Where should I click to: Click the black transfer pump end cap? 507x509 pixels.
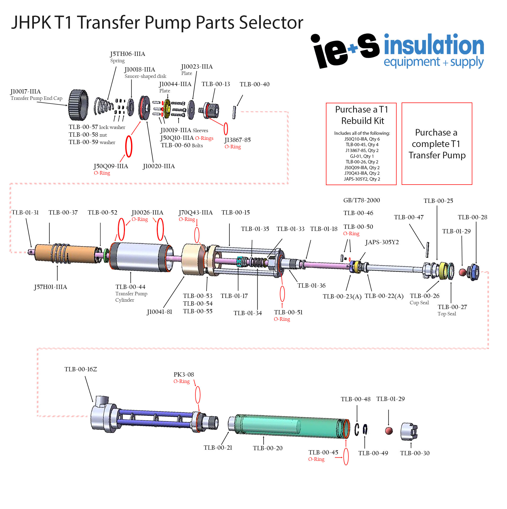78,105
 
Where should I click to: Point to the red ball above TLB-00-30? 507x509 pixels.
388,431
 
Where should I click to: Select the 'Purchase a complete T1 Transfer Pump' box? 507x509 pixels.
437,144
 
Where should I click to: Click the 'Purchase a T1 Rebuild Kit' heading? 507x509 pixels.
362,115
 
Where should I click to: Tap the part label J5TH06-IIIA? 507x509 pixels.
128,54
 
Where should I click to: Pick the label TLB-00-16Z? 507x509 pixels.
80,369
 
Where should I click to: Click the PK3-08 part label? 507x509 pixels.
184,374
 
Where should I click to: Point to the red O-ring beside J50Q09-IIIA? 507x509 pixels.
129,146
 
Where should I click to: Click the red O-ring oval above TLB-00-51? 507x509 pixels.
282,293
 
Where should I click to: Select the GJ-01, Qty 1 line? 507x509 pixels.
362,156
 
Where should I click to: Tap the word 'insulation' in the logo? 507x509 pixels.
434,45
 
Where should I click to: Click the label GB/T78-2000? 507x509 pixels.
361,200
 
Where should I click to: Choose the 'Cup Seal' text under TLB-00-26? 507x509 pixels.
419,303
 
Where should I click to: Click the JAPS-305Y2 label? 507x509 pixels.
382,242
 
